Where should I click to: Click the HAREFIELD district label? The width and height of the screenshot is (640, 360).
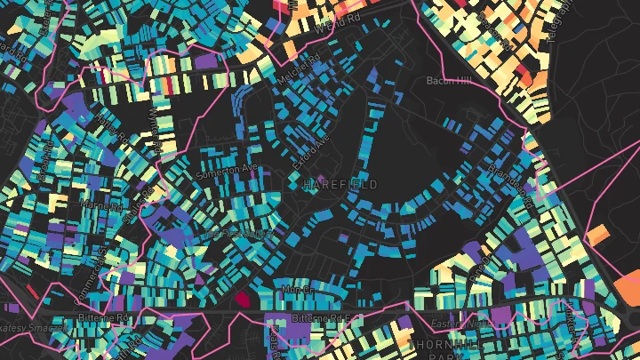pos(340,185)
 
